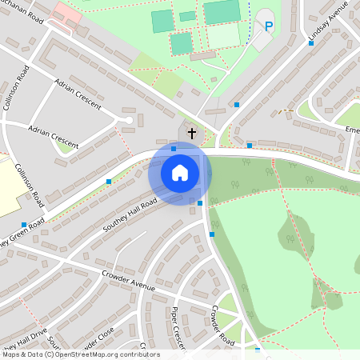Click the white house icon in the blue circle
[x=180, y=173]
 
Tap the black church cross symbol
[x=191, y=132]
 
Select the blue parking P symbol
[x=269, y=26]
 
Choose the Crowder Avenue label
[x=128, y=282]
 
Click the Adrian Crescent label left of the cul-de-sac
[x=54, y=137]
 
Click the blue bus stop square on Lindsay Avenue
[x=311, y=43]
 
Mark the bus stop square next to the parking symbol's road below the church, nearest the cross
[x=174, y=148]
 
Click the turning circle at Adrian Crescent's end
[x=128, y=121]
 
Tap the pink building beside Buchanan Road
[x=68, y=11]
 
